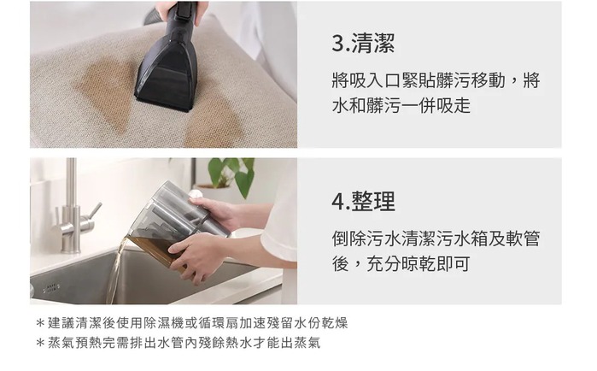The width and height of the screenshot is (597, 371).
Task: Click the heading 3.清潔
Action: (363, 43)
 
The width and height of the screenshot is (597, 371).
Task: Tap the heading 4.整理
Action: (363, 202)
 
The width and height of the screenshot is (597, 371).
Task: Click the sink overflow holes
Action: (51, 287)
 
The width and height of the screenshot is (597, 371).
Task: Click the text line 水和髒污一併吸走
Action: (401, 105)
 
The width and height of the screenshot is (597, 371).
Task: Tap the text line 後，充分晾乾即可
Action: (401, 263)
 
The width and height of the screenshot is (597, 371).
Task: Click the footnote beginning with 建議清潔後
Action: (192, 323)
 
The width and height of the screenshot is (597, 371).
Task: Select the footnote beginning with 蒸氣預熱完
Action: (179, 343)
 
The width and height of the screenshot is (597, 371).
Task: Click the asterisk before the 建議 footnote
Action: (40, 323)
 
